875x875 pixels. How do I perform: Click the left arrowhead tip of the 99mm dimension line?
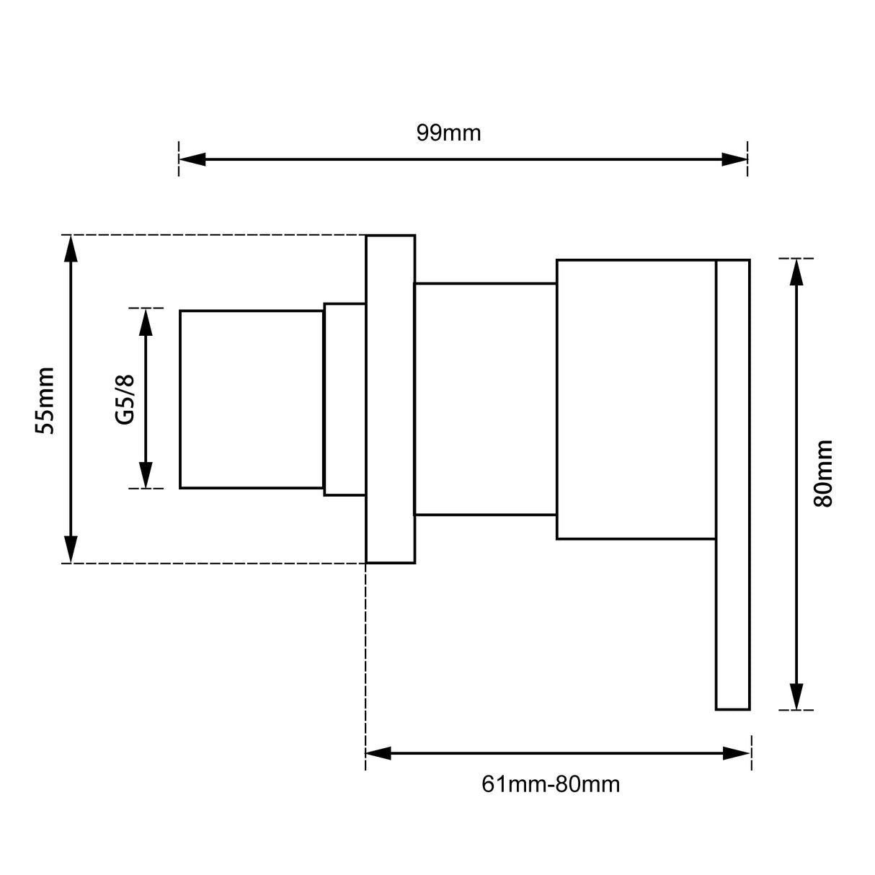click(x=179, y=159)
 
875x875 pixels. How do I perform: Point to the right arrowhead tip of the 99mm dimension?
click(x=747, y=159)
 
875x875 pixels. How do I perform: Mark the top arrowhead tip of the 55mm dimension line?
click(x=71, y=236)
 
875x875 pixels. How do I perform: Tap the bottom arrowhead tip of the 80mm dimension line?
click(x=796, y=709)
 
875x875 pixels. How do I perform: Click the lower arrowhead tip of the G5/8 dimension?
click(x=146, y=488)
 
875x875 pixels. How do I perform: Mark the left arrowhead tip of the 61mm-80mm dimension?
click(x=366, y=753)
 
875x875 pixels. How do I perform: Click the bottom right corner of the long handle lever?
click(x=750, y=709)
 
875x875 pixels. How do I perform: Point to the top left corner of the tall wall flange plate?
click(x=366, y=236)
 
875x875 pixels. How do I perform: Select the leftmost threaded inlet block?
click(x=252, y=399)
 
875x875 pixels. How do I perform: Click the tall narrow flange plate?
click(x=391, y=399)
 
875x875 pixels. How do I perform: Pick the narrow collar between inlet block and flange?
click(x=345, y=399)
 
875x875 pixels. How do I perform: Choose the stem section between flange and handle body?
click(x=485, y=399)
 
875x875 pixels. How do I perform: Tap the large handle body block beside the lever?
click(x=636, y=399)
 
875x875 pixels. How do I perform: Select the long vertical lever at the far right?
click(x=733, y=484)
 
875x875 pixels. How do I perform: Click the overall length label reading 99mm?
click(x=448, y=133)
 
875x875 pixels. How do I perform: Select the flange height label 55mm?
click(x=45, y=401)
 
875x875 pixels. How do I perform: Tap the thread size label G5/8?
click(x=125, y=399)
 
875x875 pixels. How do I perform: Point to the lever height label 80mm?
click(x=823, y=473)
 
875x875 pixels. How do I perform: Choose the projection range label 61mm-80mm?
click(x=551, y=784)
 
